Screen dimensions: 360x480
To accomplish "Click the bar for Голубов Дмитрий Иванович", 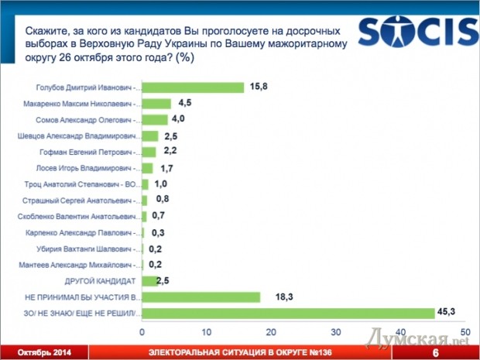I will pos(194,87).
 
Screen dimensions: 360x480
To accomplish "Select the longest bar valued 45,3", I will pos(289,313).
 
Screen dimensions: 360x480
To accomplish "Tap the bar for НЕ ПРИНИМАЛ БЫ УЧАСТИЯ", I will pos(201,296).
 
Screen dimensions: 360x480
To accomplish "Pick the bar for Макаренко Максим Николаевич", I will pos(157,103).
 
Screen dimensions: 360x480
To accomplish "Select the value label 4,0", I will pos(179,119).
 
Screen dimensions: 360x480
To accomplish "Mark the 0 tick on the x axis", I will pos(143,331).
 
